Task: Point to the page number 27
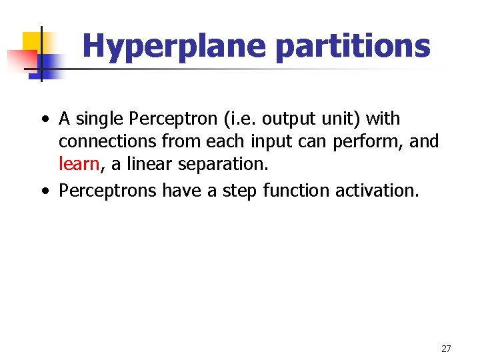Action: click(446, 349)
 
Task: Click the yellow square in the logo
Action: click(33, 41)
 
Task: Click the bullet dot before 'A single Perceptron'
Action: click(43, 120)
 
